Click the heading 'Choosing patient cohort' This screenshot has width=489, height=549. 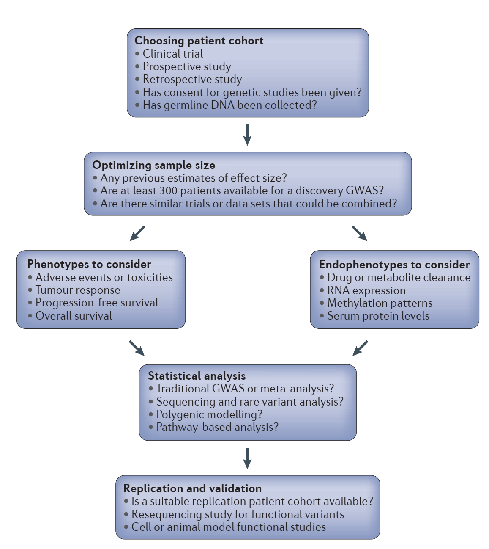click(199, 41)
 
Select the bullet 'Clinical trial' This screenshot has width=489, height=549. click(172, 54)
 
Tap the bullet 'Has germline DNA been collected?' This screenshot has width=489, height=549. click(229, 105)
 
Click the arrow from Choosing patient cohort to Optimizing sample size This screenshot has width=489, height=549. click(248, 135)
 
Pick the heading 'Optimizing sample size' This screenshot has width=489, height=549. click(153, 165)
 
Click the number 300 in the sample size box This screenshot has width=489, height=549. click(168, 190)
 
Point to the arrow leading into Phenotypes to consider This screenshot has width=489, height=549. click(137, 233)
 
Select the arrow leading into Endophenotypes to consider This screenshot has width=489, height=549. click(359, 233)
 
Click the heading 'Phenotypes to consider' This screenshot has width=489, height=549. click(89, 264)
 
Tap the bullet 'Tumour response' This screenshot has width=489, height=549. click(78, 290)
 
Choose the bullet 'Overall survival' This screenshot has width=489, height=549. click(74, 316)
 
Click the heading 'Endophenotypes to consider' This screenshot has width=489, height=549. click(394, 265)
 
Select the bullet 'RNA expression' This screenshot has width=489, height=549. click(366, 290)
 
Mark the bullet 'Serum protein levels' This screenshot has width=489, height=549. click(378, 316)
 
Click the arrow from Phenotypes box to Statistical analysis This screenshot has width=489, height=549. click(137, 348)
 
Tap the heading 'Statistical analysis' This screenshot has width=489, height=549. click(197, 376)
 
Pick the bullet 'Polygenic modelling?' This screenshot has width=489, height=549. click(209, 414)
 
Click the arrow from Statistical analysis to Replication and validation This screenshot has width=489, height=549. click(248, 458)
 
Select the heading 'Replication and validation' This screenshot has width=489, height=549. click(192, 488)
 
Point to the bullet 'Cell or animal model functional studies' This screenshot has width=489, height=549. click(228, 527)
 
